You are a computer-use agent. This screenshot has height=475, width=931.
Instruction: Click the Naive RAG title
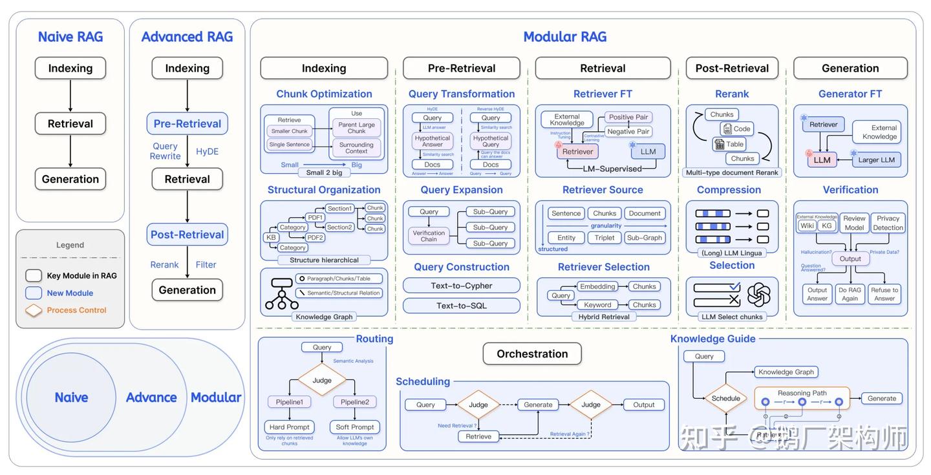70,37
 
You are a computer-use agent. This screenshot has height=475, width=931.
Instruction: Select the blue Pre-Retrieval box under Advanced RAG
187,123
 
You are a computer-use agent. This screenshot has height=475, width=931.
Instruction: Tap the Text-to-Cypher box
462,286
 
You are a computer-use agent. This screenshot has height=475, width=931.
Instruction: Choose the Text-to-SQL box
462,306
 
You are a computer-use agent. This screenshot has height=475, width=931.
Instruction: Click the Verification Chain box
429,236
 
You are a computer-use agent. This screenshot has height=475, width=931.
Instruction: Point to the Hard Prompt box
289,427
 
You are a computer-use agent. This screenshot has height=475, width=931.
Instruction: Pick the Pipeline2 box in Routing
354,402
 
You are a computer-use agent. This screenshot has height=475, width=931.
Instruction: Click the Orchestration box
532,354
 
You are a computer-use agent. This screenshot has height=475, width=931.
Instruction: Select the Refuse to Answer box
884,294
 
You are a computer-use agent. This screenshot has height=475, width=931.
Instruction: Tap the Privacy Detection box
888,223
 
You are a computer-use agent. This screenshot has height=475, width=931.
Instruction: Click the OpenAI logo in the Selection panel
758,295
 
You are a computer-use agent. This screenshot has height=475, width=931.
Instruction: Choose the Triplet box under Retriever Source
605,238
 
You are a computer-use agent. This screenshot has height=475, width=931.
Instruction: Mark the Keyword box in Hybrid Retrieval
597,305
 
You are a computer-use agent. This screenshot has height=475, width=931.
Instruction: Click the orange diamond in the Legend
34,311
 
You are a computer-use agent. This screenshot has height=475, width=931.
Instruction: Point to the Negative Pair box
628,131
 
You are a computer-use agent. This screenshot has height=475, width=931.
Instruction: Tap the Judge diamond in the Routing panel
322,381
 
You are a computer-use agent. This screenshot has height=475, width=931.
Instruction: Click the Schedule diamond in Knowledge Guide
725,399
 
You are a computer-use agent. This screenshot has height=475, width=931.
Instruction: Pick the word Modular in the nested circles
216,397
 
